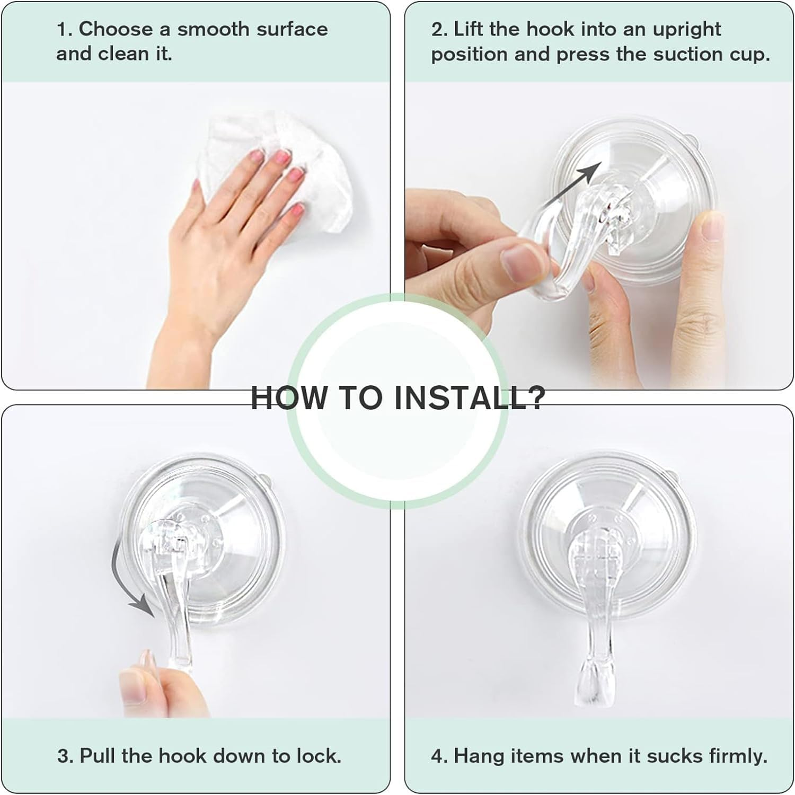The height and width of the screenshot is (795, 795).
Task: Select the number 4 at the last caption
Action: tap(438, 755)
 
